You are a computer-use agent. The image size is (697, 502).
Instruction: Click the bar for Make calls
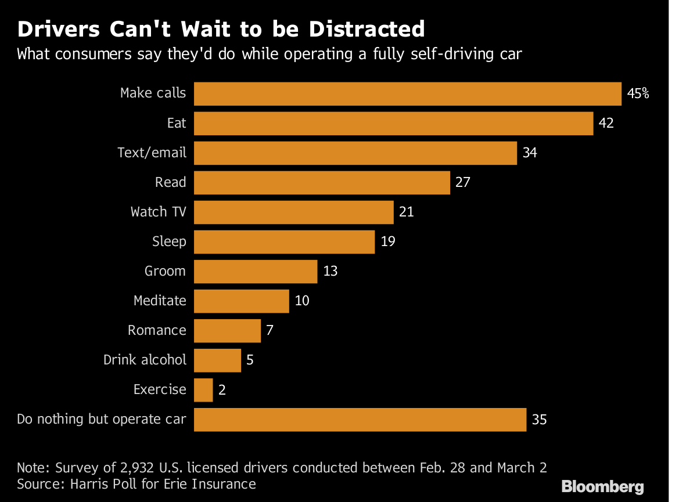pos(407,93)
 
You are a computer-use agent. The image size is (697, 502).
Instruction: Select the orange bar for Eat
pos(393,123)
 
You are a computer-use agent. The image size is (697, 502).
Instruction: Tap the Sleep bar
pos(284,241)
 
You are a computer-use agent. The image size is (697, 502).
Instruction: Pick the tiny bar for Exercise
pos(203,389)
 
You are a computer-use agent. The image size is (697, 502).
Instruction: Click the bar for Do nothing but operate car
pos(360,419)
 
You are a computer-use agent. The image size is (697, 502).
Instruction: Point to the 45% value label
pos(638,93)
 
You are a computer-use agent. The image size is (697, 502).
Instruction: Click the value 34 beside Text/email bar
pos(530,153)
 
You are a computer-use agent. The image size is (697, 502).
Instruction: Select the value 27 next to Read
pos(462,182)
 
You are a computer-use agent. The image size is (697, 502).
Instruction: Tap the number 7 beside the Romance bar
pos(270,330)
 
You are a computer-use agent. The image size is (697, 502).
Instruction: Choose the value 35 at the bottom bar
pos(539,419)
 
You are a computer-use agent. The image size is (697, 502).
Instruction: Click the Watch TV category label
pos(159,212)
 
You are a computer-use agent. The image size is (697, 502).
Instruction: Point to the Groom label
pos(165,271)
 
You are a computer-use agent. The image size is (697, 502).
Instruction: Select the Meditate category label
pos(160,301)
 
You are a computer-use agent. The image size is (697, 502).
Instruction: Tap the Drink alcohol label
pos(145,360)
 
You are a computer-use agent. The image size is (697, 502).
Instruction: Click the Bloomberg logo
pos(602,486)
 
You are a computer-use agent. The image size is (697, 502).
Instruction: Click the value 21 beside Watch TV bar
pos(407,212)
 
